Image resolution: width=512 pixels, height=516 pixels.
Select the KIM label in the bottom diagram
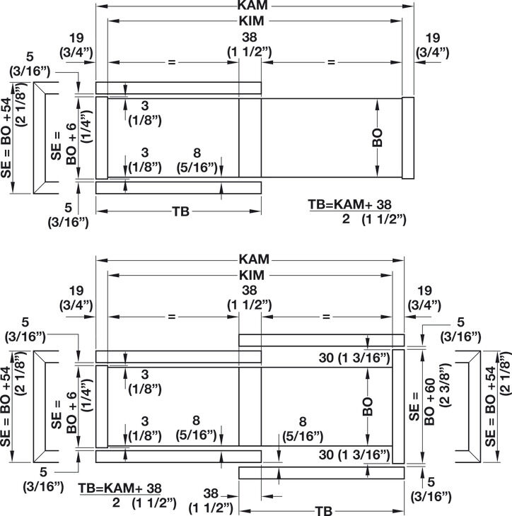[x=252, y=275]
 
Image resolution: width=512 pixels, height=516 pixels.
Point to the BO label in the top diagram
[x=378, y=138]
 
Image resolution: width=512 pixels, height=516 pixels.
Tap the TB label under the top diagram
[x=181, y=211]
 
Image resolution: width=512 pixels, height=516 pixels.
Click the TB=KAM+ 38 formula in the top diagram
[x=349, y=204]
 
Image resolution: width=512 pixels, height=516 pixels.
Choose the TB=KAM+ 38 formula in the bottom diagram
[x=120, y=488]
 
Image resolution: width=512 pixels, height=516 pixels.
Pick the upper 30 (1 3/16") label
[x=354, y=358]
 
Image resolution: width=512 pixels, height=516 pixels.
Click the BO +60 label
[x=429, y=401]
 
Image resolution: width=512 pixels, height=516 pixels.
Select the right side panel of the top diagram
[x=408, y=138]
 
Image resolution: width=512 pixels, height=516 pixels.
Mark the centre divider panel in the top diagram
[x=250, y=138]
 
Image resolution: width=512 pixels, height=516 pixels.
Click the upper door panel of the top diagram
[x=178, y=88]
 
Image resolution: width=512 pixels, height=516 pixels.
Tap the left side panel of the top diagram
[x=102, y=138]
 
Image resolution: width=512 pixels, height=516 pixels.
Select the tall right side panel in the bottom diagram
[x=398, y=406]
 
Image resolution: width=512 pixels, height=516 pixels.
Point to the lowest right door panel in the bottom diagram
[x=321, y=473]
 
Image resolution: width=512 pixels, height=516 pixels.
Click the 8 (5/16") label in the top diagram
[x=197, y=160]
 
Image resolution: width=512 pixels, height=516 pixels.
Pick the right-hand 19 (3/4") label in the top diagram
[x=433, y=45]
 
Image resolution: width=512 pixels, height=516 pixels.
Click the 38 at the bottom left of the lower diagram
[x=211, y=493]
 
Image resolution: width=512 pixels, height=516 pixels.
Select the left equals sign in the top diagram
[x=172, y=62]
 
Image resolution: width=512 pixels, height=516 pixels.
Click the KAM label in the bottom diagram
[x=254, y=259]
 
